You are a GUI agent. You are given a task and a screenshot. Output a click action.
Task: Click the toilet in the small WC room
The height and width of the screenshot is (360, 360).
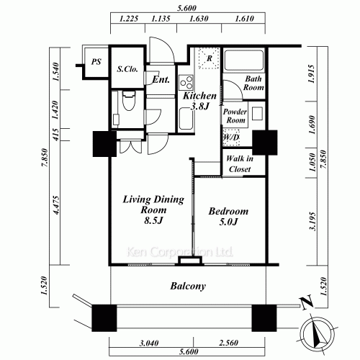tap(129, 101)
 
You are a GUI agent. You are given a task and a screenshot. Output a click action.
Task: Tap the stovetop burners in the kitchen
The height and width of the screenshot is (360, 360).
tap(186, 82)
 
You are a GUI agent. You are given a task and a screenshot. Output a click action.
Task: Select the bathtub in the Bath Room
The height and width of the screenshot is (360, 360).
tap(244, 60)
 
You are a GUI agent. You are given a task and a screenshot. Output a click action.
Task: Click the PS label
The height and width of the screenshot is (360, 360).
tap(96, 62)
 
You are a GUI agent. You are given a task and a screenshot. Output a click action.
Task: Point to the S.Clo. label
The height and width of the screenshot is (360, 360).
tap(127, 69)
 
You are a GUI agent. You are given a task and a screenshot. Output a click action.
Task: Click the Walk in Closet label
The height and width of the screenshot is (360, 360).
tap(240, 164)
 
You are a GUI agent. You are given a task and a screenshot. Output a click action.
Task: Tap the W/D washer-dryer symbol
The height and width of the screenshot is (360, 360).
tap(231, 138)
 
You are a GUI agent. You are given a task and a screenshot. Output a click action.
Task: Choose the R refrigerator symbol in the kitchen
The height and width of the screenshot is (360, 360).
tap(209, 58)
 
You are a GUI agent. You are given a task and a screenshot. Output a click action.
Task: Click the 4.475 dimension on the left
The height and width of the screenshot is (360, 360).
tap(56, 205)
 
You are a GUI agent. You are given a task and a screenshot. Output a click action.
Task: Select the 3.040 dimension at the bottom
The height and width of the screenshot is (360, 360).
tap(149, 343)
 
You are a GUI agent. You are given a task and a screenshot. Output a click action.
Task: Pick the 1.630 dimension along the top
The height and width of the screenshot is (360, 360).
tap(199, 19)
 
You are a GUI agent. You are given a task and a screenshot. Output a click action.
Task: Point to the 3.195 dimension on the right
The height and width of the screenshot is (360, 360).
tap(312, 221)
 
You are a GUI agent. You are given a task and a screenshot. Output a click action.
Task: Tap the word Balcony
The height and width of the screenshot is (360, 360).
tap(188, 286)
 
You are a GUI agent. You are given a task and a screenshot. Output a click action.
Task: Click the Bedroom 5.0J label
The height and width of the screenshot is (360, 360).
tap(228, 216)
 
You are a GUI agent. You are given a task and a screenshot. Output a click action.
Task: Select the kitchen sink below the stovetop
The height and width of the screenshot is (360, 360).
tap(186, 119)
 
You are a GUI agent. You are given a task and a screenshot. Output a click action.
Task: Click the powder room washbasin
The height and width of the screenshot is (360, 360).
tap(257, 114)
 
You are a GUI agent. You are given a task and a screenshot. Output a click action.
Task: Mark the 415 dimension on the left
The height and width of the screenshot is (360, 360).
tap(55, 135)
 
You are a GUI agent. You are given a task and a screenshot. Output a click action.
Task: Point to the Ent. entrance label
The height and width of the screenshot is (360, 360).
tap(161, 79)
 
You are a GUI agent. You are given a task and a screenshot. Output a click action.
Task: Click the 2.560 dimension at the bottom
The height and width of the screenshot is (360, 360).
tap(228, 343)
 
